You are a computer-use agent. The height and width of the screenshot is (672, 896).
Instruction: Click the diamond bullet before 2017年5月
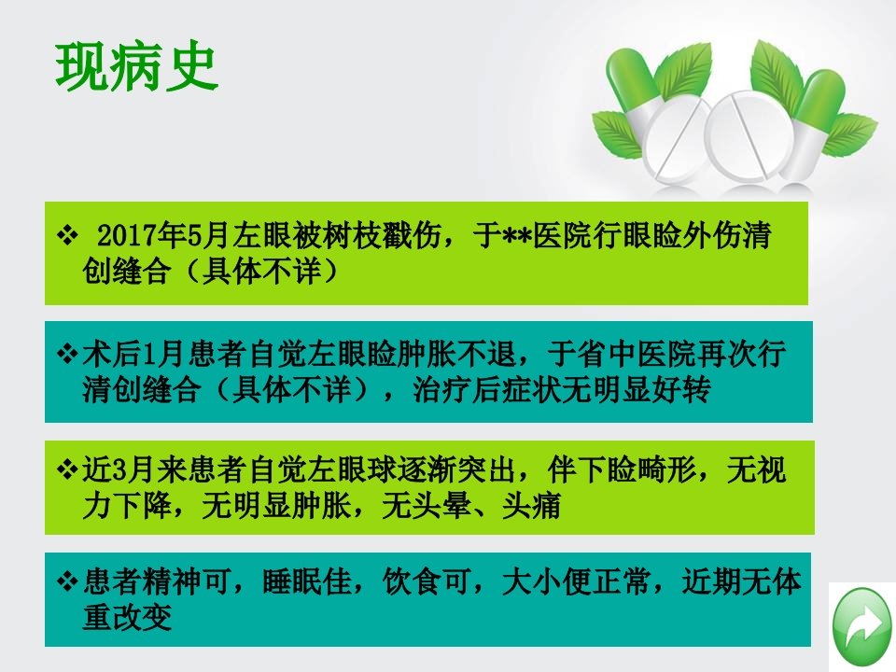click(x=67, y=234)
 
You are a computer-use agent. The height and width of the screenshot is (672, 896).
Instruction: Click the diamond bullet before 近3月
click(x=66, y=470)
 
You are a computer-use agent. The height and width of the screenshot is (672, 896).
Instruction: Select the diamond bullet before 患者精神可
click(x=66, y=584)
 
